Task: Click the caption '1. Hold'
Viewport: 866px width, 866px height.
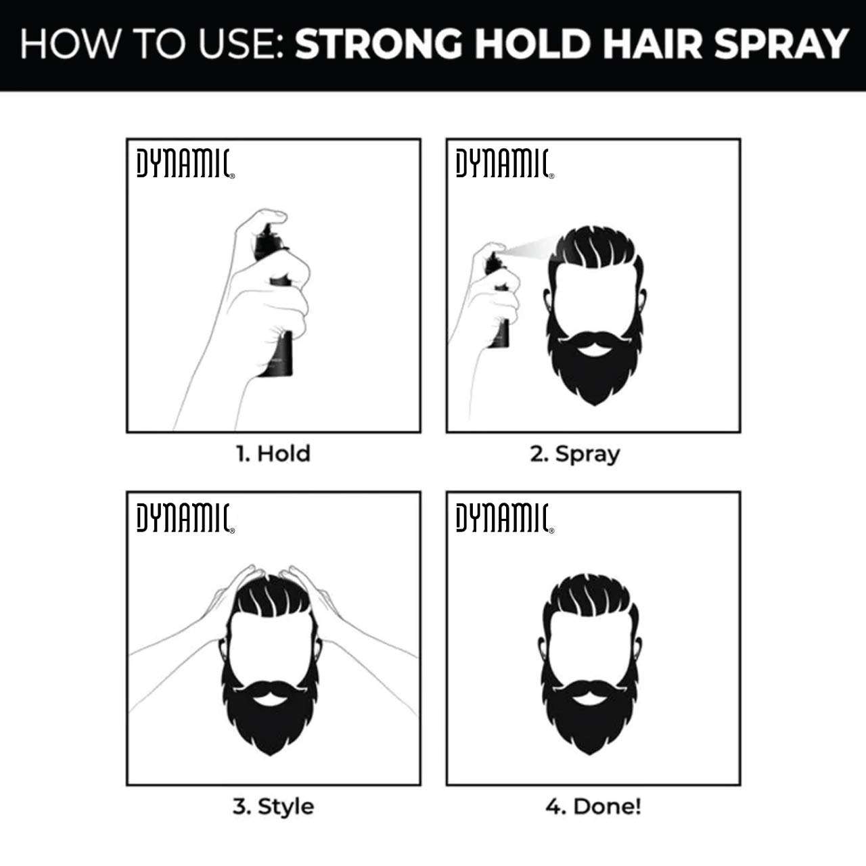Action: point(273,453)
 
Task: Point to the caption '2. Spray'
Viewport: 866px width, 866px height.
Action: point(574,454)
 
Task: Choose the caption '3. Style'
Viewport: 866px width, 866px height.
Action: point(273,806)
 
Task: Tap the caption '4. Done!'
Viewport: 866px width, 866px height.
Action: point(593,806)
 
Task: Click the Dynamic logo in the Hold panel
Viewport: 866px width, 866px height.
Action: point(185,164)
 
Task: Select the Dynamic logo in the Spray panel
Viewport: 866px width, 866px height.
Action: point(505,164)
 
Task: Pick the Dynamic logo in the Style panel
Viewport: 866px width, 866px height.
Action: point(185,518)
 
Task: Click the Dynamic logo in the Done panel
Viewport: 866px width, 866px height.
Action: point(505,518)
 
